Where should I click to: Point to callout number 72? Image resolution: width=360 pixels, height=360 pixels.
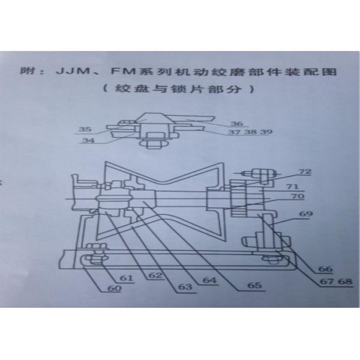(x=307, y=172)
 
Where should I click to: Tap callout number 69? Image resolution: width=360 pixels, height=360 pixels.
(x=307, y=214)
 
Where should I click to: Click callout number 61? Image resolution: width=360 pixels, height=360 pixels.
(x=126, y=278)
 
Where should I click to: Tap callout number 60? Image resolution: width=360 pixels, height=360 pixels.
(x=115, y=289)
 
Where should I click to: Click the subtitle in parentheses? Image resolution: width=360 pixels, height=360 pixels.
(x=179, y=91)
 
